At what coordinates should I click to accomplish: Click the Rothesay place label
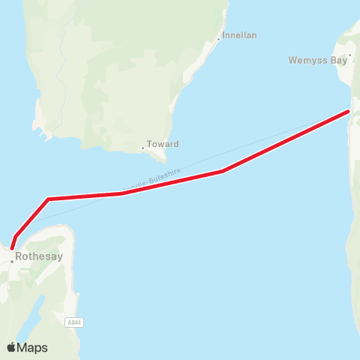pyautogui.click(x=44, y=256)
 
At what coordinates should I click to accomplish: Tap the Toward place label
pyautogui.click(x=163, y=143)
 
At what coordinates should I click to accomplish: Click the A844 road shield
pyautogui.click(x=74, y=323)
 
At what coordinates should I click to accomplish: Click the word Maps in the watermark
pyautogui.click(x=34, y=347)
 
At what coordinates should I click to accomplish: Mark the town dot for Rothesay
pyautogui.click(x=12, y=262)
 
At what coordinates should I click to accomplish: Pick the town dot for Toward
pyautogui.click(x=142, y=148)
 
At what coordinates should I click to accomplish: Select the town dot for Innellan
pyautogui.click(x=218, y=39)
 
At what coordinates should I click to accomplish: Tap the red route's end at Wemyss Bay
pyautogui.click(x=349, y=112)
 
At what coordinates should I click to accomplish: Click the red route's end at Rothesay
pyautogui.click(x=12, y=247)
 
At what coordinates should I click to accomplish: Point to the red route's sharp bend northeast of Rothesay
pyautogui.click(x=48, y=199)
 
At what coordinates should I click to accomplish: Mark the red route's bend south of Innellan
pyautogui.click(x=223, y=171)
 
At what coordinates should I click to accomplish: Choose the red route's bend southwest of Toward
pyautogui.click(x=121, y=193)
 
